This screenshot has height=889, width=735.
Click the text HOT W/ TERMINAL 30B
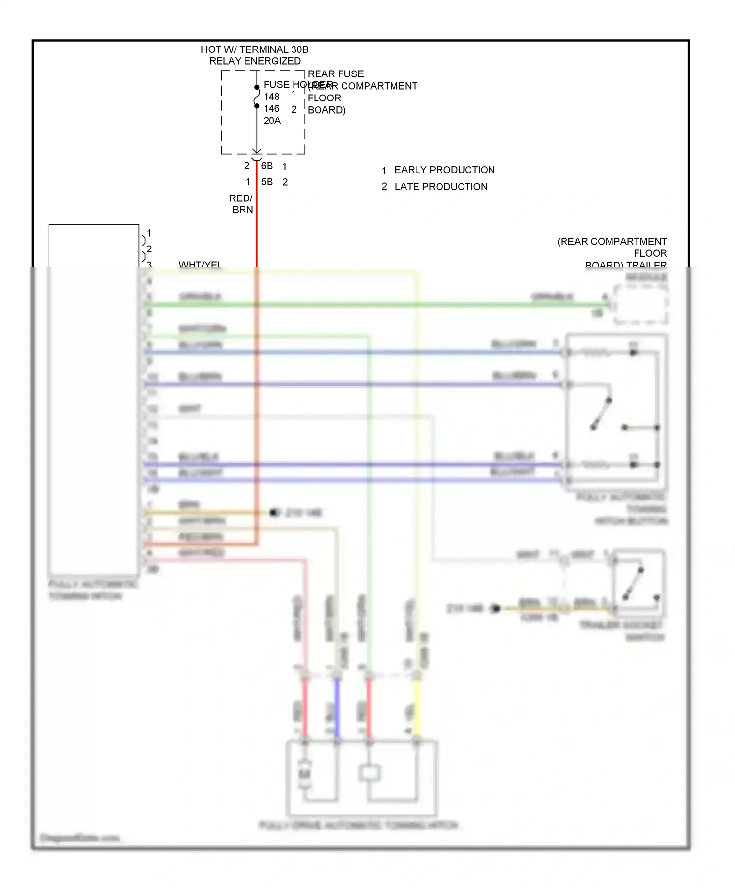point(254,49)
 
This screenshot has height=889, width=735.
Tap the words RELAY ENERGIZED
point(255,61)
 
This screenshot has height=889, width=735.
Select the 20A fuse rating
point(272,121)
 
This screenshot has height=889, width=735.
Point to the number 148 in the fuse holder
point(271,97)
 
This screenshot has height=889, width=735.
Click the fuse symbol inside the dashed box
point(256,97)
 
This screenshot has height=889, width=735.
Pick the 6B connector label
point(267,166)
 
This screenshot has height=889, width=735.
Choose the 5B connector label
point(267,182)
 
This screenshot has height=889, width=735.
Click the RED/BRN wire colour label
point(242,204)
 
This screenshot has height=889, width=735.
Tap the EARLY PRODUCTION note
point(444,170)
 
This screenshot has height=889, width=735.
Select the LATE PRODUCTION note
point(441,187)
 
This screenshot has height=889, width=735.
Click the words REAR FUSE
point(336,74)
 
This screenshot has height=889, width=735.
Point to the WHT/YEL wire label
point(200,265)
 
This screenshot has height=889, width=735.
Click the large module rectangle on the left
point(94,399)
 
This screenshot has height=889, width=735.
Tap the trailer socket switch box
point(639,583)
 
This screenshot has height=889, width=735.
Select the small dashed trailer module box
point(640,305)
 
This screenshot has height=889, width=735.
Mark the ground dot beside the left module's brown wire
point(274,513)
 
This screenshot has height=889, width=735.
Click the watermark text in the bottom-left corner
point(79,838)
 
